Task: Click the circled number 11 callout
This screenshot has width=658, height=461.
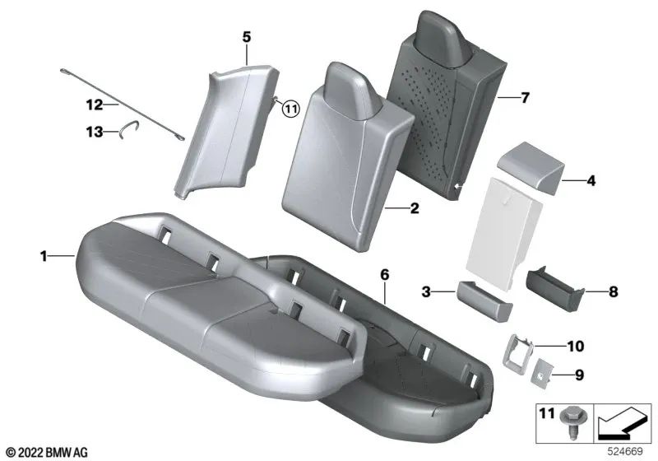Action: (x=290, y=109)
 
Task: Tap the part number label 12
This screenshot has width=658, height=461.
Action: (x=95, y=104)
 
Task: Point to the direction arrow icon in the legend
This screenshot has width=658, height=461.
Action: (x=622, y=423)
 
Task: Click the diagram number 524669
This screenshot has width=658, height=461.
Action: (x=625, y=452)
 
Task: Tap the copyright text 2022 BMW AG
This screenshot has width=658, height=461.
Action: (x=47, y=452)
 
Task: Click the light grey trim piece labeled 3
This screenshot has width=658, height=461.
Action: (x=484, y=300)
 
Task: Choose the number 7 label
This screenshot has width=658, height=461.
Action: (x=525, y=98)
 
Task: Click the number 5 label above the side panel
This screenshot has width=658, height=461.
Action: (x=247, y=37)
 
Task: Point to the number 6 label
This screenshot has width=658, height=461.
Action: (x=384, y=275)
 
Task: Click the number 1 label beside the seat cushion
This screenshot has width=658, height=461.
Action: (x=44, y=256)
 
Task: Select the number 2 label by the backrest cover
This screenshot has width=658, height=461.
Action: (x=415, y=207)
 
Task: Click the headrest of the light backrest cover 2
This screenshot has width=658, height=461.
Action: (x=350, y=91)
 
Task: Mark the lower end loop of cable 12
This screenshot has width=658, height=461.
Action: (x=179, y=137)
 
